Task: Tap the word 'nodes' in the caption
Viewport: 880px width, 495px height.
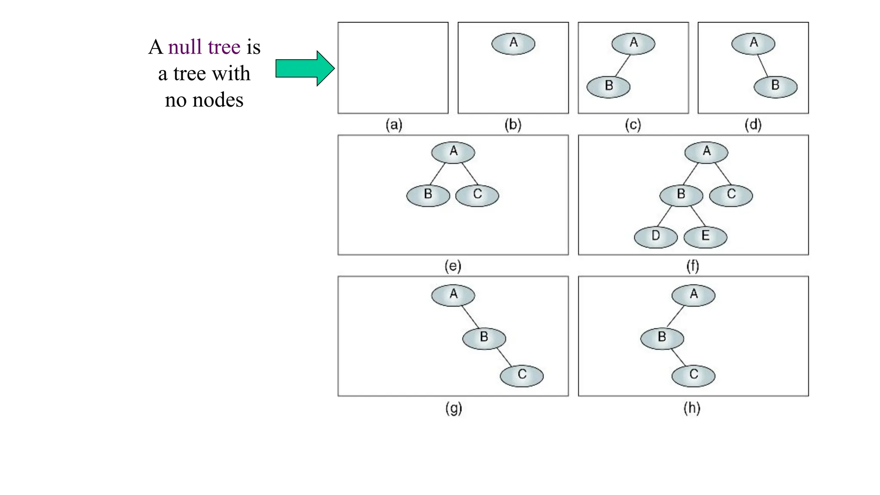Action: point(218,100)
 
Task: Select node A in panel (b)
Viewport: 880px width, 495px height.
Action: point(513,44)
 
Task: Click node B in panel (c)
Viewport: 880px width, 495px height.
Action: point(608,87)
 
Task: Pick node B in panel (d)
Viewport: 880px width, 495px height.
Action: point(776,86)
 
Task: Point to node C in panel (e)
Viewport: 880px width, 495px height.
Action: point(477,196)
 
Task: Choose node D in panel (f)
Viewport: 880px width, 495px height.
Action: point(656,237)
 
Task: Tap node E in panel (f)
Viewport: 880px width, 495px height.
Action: point(705,237)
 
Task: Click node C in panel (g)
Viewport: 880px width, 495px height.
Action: point(522,376)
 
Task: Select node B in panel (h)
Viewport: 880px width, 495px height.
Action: point(662,338)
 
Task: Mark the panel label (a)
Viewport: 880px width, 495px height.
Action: point(394,125)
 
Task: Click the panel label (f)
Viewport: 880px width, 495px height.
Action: point(692,266)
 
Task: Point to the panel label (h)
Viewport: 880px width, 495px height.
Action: point(692,408)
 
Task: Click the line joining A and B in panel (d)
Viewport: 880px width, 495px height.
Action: point(763,66)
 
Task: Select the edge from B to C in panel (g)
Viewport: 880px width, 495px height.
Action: point(504,357)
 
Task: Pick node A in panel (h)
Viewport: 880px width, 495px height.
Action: point(694,295)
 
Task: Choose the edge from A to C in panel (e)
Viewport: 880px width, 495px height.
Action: point(470,174)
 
